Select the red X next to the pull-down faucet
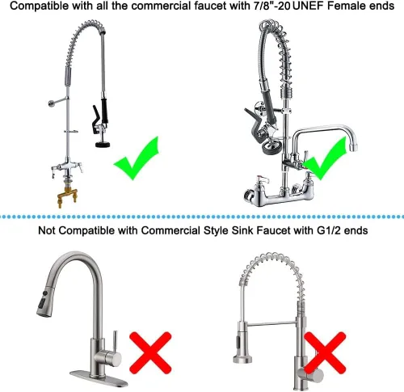point(150,352)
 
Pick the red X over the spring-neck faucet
point(325,352)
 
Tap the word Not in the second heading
point(47,230)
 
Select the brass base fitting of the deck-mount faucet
point(67,196)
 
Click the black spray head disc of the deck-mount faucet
point(103,145)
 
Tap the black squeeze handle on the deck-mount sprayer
point(95,120)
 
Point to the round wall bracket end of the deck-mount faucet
point(51,103)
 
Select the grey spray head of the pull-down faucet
point(45,302)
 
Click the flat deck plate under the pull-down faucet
point(99,378)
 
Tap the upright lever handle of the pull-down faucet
point(115,342)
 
